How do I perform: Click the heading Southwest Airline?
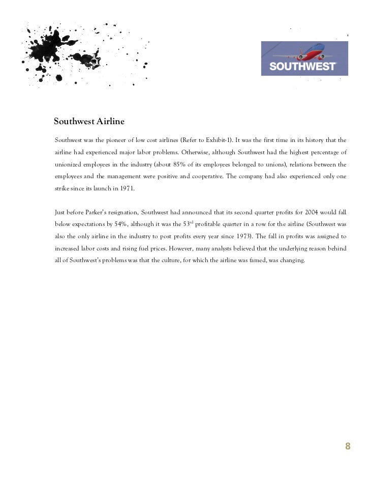[x=89, y=122]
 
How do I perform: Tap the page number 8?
[x=348, y=446]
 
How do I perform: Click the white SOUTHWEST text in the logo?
[x=302, y=66]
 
